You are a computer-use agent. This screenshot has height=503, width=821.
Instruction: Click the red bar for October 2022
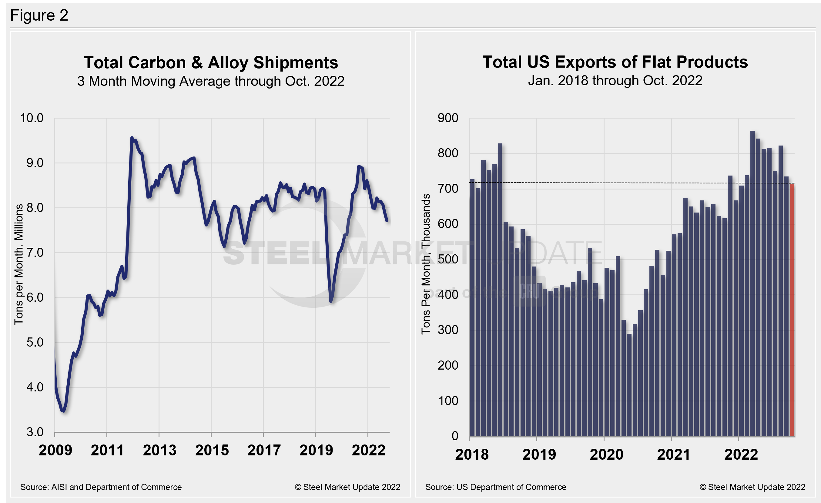coord(792,310)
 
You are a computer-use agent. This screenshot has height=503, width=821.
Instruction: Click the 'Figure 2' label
coord(39,15)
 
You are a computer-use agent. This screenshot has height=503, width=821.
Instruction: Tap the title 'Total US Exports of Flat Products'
coord(615,62)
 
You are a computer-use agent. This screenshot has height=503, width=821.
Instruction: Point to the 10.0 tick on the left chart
coord(32,118)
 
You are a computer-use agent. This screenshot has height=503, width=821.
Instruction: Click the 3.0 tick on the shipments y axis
coord(35,432)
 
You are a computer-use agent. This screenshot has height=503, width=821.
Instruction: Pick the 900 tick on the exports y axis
coord(448,118)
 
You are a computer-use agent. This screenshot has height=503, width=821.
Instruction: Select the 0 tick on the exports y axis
coord(455,436)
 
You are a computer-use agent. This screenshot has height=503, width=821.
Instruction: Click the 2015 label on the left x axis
coord(212,450)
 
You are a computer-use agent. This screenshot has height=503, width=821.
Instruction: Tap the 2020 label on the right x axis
coord(606,454)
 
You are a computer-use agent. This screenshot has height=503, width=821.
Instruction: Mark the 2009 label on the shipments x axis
coord(55,450)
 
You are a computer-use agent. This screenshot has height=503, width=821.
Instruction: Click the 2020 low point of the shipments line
coord(331,301)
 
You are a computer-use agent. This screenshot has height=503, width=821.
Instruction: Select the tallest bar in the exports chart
coord(752,283)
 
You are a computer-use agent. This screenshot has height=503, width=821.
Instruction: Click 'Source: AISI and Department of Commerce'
coord(101,487)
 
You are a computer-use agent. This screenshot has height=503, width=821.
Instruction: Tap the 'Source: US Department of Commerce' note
coord(495,487)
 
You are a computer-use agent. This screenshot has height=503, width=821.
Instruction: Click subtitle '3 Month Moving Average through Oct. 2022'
coord(211,81)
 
